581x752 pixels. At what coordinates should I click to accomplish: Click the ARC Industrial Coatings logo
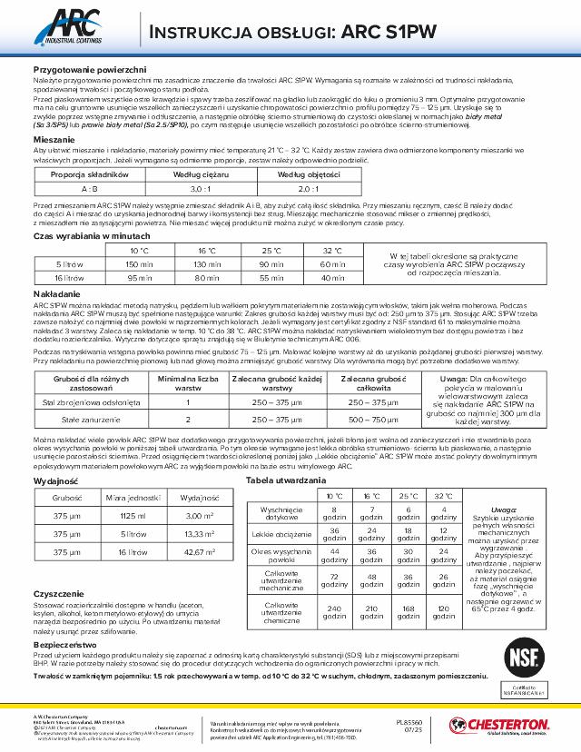point(71,30)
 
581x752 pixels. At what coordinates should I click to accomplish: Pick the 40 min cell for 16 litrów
point(333,278)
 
